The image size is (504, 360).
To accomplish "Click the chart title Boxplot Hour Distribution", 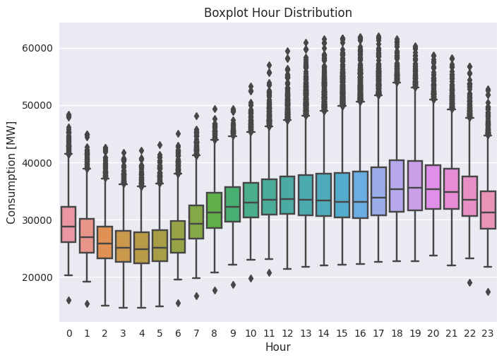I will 278,12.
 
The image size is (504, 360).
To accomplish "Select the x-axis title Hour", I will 278,347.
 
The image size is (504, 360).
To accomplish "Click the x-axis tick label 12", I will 287,332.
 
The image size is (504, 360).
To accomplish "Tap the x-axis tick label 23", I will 488,332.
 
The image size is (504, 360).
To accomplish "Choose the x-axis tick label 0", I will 68,332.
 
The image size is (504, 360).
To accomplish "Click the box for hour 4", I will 141,247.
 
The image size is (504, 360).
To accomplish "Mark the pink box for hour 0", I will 68,224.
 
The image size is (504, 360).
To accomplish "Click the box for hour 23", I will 488,210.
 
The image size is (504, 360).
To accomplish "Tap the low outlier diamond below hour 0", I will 68,300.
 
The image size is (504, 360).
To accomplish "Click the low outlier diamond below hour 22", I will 469,282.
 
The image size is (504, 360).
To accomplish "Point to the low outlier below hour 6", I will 178,303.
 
